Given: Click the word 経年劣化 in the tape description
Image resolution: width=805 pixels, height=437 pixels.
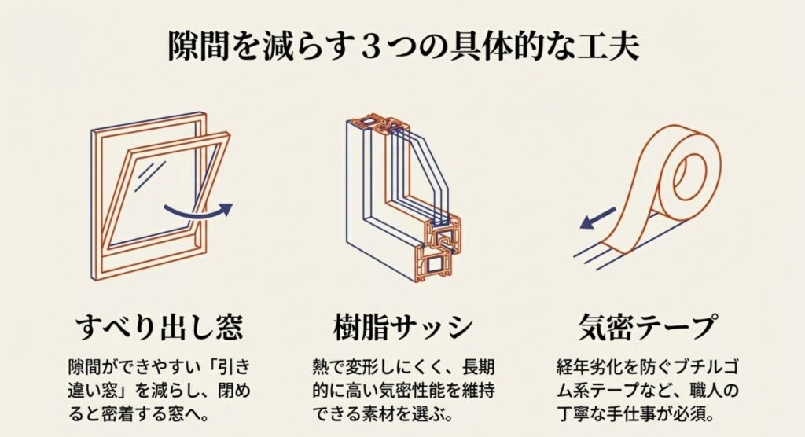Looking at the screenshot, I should click(x=586, y=368).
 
